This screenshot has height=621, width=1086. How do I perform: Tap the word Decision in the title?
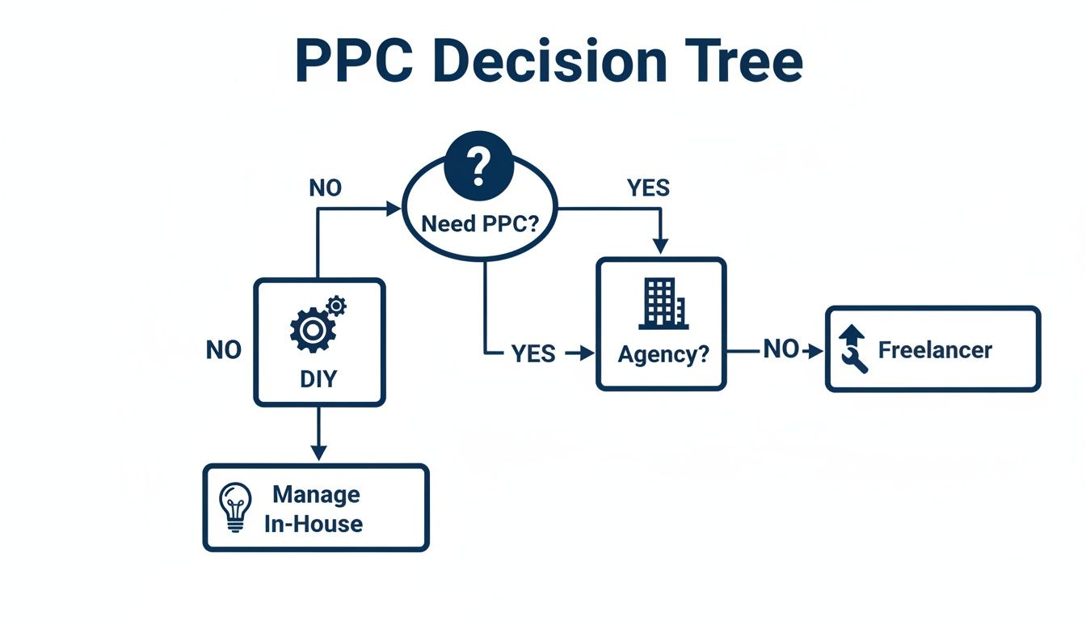(x=549, y=61)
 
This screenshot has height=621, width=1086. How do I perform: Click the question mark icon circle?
(x=479, y=165)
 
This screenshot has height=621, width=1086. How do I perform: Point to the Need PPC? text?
(x=480, y=223)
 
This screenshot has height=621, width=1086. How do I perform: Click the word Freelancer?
(x=935, y=350)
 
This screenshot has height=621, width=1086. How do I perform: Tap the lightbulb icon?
(x=235, y=506)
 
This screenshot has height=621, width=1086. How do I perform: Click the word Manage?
(x=316, y=494)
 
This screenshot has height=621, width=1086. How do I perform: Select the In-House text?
(x=314, y=523)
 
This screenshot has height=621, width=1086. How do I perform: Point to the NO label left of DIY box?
(x=224, y=350)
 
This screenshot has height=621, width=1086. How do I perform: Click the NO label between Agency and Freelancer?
(x=781, y=350)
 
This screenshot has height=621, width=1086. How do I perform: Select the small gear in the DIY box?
(x=336, y=305)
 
